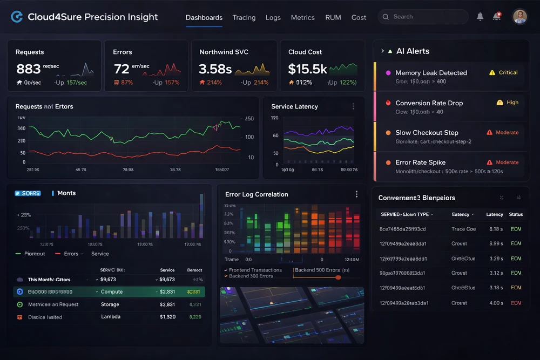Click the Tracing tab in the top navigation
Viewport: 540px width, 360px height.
point(244,17)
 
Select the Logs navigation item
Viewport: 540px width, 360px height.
point(273,17)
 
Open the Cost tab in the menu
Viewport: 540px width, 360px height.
point(359,17)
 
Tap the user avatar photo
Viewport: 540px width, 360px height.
point(519,17)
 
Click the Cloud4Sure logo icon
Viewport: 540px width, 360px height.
point(17,17)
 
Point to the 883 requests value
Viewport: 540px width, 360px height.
point(28,69)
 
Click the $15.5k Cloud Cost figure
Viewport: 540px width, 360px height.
point(307,69)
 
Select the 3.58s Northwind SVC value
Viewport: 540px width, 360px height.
point(215,69)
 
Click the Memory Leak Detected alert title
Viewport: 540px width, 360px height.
point(431,73)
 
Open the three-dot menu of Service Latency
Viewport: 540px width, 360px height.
point(353,106)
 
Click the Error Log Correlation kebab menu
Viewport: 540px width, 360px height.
point(356,194)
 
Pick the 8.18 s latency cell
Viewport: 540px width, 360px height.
point(495,229)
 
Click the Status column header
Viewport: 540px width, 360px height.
point(516,214)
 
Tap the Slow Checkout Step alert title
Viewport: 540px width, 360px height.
point(427,133)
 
